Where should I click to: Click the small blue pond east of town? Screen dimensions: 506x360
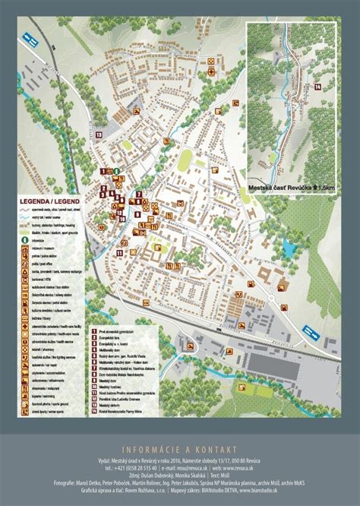click(x=289, y=248)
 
